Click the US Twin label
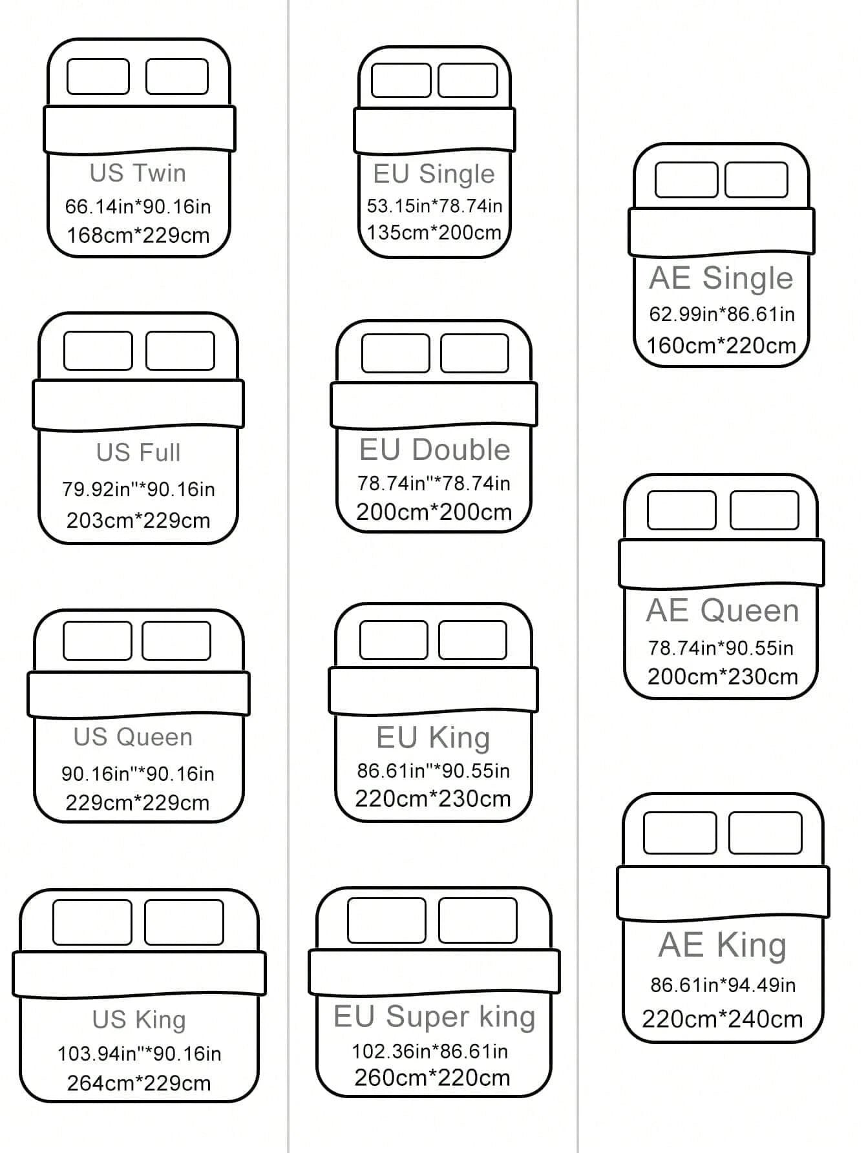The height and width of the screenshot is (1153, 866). coord(138,173)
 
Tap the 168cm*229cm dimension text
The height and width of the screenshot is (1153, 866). coord(138,235)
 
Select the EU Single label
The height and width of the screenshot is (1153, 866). coord(434,174)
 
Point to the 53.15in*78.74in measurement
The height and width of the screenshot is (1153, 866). coord(434,206)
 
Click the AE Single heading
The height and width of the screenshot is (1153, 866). coord(721,278)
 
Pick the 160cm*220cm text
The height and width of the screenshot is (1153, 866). coord(721,346)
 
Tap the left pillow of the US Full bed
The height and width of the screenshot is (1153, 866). coord(98,351)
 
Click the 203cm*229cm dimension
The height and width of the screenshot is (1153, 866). coord(138,521)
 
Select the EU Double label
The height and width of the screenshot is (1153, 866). coord(434,450)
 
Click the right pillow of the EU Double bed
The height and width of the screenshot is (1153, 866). coord(474,353)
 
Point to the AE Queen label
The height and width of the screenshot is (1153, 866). coord(723,611)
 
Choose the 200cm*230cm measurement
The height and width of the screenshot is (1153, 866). coord(723,677)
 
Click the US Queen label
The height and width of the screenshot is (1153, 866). coord(133,737)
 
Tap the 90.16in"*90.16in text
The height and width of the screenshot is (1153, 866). coord(138,774)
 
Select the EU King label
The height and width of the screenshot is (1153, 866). coord(433,738)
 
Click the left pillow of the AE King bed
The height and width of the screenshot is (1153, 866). coord(680,833)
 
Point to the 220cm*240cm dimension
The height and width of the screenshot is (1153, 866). coord(722,1019)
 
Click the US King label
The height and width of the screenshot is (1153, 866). coord(139,1020)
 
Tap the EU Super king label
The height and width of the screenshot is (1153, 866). coord(434,1017)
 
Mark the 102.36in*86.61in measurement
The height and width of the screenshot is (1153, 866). coord(430,1052)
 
